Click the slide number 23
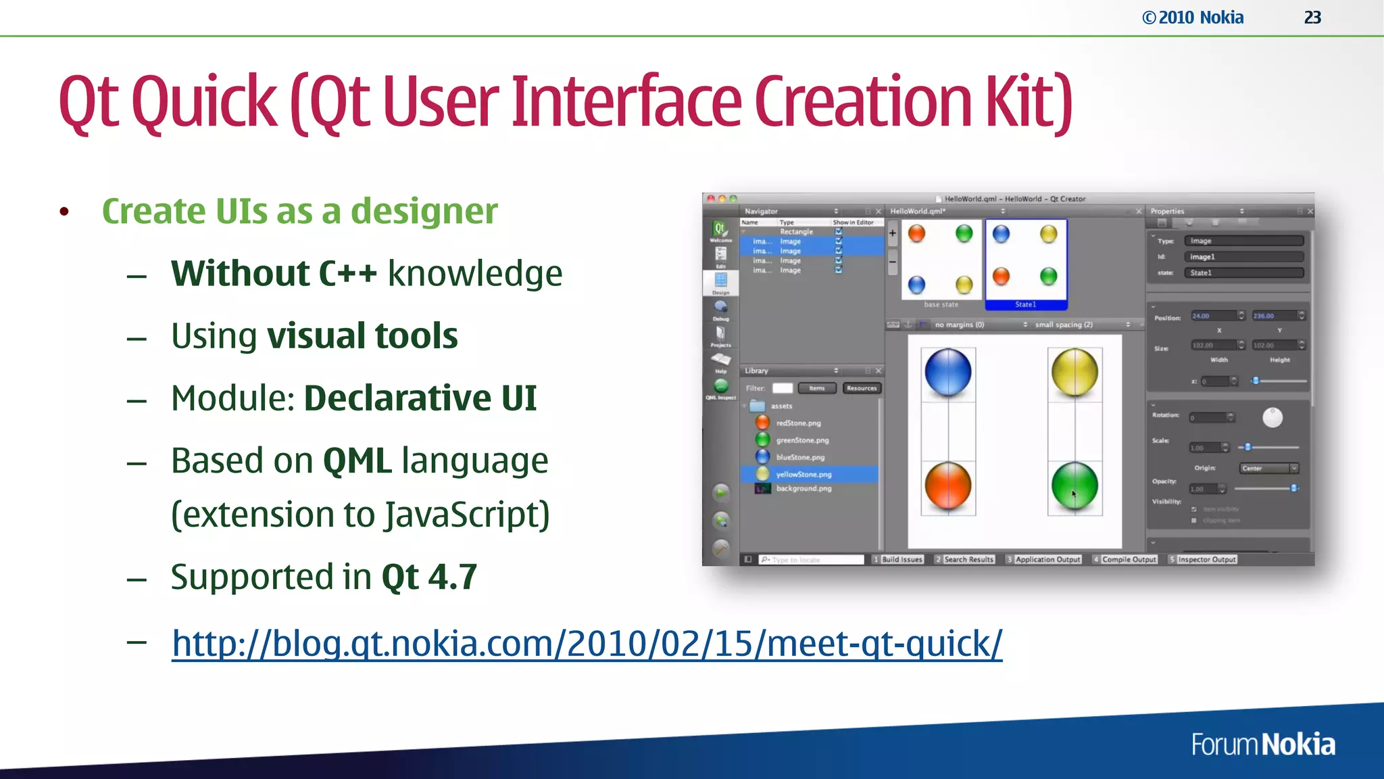pyautogui.click(x=1312, y=18)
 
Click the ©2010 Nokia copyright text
pyautogui.click(x=1193, y=18)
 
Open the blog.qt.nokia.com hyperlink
pyautogui.click(x=587, y=643)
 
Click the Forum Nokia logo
pyautogui.click(x=1262, y=745)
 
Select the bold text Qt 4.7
pyautogui.click(x=429, y=577)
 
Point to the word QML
pyautogui.click(x=357, y=461)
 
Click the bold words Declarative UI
pyautogui.click(x=420, y=398)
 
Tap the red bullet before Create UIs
pyautogui.click(x=64, y=212)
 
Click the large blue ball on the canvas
pyautogui.click(x=947, y=372)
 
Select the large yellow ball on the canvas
pyautogui.click(x=1074, y=372)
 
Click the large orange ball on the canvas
pyautogui.click(x=947, y=486)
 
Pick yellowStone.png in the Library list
pyautogui.click(x=804, y=474)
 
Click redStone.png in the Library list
pyautogui.click(x=798, y=423)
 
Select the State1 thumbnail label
pyautogui.click(x=1025, y=304)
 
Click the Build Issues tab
pyautogui.click(x=901, y=559)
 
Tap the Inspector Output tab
pyautogui.click(x=1206, y=559)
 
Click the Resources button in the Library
pyautogui.click(x=862, y=388)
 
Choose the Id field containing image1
pyautogui.click(x=1243, y=257)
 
